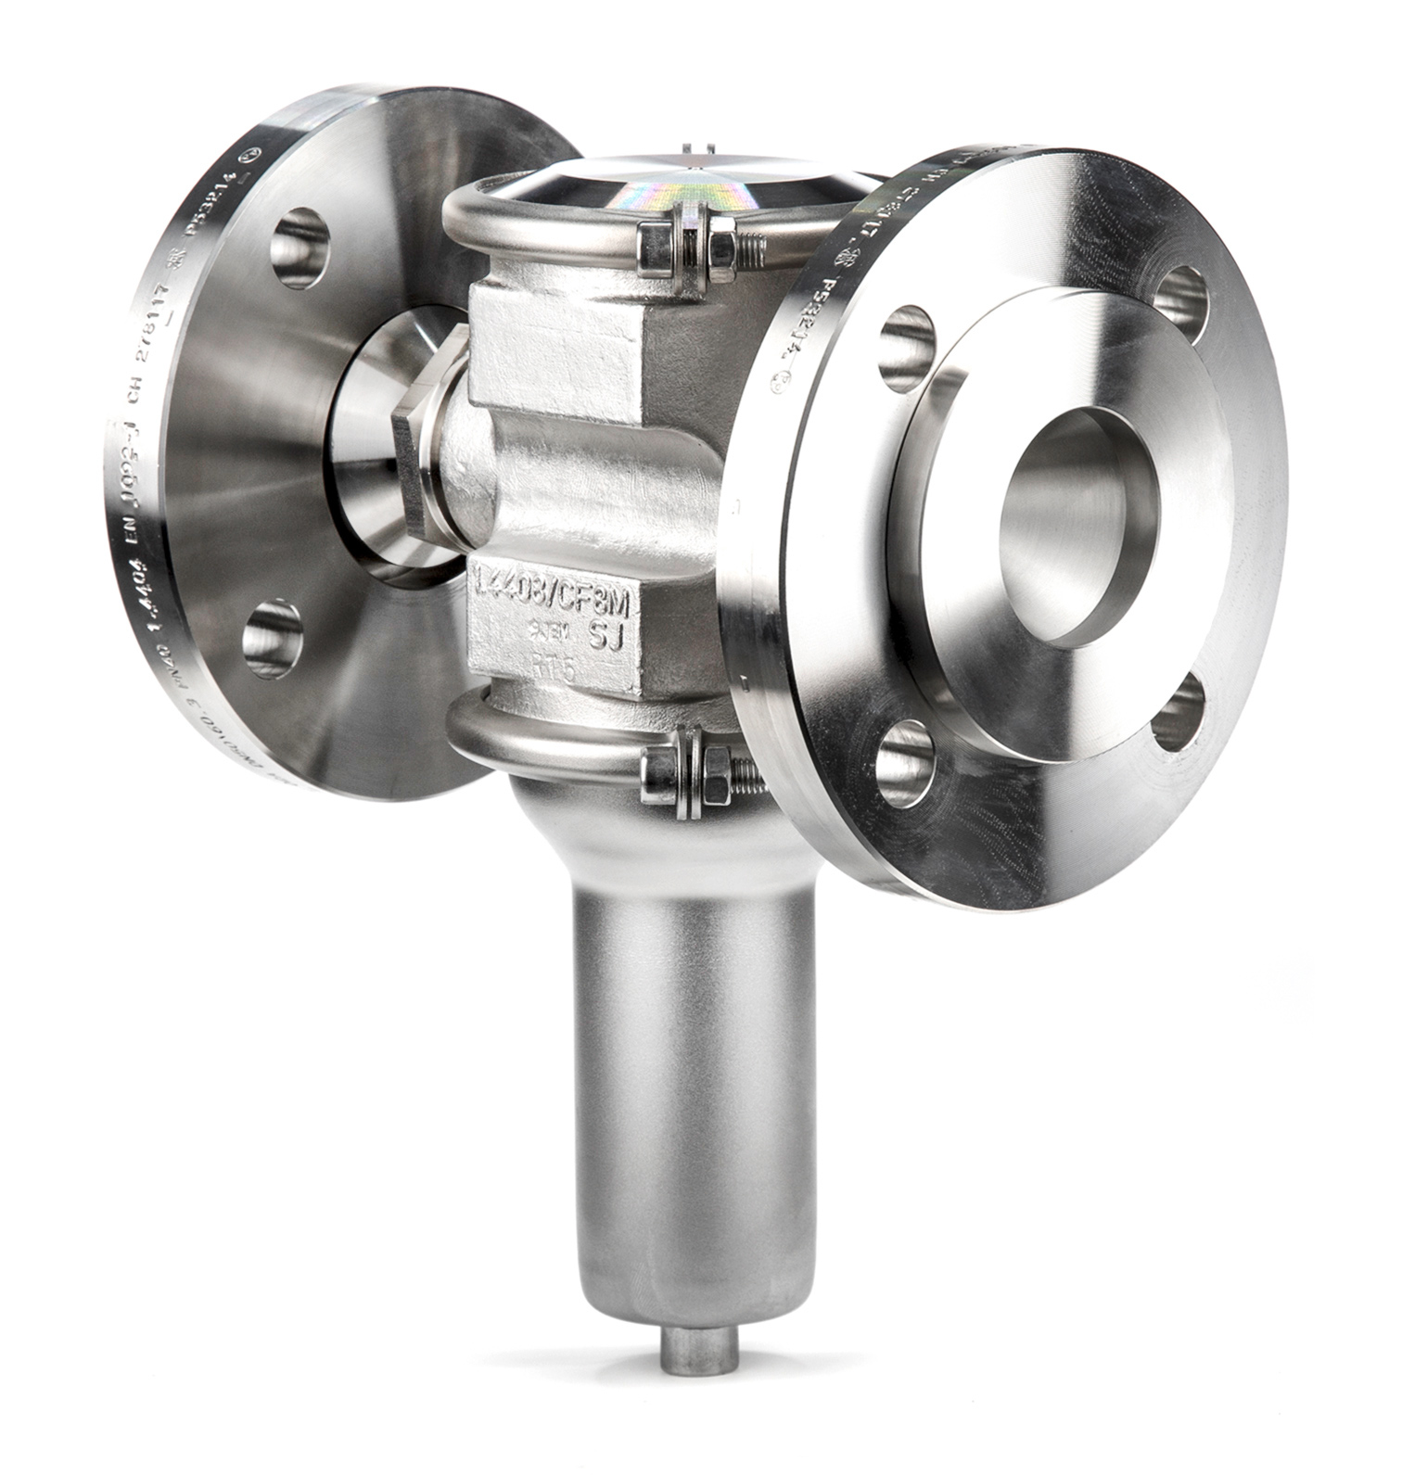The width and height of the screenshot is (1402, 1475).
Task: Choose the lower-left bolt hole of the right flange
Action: (904, 762)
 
